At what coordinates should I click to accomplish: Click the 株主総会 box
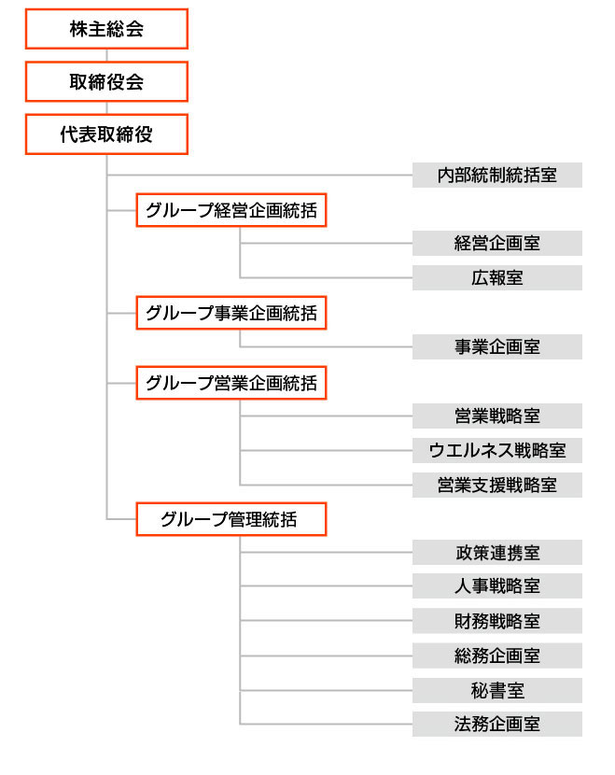106,29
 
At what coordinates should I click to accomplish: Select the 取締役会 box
106,81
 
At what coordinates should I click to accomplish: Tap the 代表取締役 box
106,134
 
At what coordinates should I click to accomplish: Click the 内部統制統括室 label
496,175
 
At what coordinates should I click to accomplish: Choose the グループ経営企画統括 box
231,210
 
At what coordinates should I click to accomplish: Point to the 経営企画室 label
496,243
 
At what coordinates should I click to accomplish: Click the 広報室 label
496,277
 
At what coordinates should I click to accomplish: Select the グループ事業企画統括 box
231,313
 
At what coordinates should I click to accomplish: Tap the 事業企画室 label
496,347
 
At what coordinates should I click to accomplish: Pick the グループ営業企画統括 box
231,383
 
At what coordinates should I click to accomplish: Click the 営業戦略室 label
496,416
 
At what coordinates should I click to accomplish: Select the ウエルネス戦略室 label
496,450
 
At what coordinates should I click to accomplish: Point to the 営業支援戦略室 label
496,485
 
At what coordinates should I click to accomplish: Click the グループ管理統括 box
231,519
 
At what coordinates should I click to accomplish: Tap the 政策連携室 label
496,553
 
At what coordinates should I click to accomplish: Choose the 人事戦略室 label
496,586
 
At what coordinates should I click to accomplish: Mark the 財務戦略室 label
496,621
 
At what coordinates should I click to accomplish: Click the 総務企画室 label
496,655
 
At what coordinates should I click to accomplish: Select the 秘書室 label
496,690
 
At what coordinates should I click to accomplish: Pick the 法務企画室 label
496,724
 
